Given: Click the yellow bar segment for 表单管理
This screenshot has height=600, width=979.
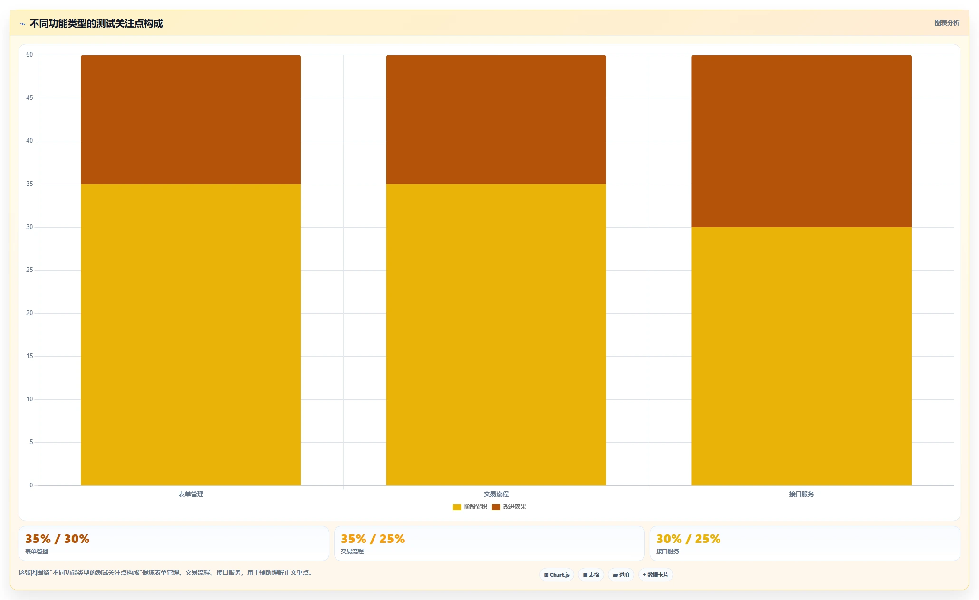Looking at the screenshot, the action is pyautogui.click(x=191, y=335).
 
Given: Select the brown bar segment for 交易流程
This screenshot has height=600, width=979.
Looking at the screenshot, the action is pyautogui.click(x=496, y=119).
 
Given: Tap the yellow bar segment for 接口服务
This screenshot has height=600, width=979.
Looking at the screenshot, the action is pyautogui.click(x=801, y=356).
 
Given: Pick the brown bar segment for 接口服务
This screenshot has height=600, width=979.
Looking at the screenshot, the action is pyautogui.click(x=801, y=141).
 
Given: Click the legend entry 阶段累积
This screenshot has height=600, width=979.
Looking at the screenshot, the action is pyautogui.click(x=470, y=507).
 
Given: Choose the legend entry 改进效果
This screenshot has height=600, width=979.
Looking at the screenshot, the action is pyautogui.click(x=509, y=507).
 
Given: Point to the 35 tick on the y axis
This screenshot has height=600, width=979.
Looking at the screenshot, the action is pyautogui.click(x=29, y=184).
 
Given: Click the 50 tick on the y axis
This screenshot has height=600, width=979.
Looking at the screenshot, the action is pyautogui.click(x=29, y=55).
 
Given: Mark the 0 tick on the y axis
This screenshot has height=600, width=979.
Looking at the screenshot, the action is pyautogui.click(x=31, y=485).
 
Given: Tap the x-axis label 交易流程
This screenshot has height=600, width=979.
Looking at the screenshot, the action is pyautogui.click(x=496, y=494).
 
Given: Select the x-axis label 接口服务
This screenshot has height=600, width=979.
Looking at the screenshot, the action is pyautogui.click(x=801, y=494).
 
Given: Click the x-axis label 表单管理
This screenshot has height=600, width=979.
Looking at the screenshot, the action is pyautogui.click(x=191, y=494).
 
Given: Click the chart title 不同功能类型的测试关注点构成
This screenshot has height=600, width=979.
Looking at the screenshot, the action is pyautogui.click(x=96, y=23).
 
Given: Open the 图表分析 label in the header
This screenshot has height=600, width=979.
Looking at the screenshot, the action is pyautogui.click(x=947, y=23).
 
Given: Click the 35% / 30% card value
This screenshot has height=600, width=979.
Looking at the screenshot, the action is pyautogui.click(x=58, y=539).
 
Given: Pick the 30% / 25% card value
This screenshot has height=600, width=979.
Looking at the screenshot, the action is pyautogui.click(x=688, y=539).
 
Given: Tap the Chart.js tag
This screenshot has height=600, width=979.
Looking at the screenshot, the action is pyautogui.click(x=557, y=575).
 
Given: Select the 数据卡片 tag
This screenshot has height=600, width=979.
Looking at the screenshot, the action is pyautogui.click(x=655, y=575).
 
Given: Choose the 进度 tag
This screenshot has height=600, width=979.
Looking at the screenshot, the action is pyautogui.click(x=621, y=575).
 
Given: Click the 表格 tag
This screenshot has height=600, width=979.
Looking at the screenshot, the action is pyautogui.click(x=591, y=575).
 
